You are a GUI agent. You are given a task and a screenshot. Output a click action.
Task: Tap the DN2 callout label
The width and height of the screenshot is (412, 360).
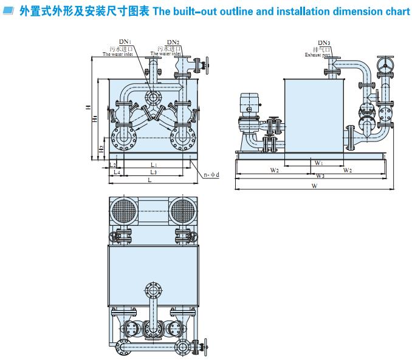point(173,41)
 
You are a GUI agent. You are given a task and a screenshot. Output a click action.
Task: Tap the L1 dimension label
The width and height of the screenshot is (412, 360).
point(154,165)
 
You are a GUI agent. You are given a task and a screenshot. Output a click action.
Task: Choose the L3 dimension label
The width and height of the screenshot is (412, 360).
point(153,172)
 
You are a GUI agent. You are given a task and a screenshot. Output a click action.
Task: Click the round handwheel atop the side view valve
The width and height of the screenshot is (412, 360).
point(384,64)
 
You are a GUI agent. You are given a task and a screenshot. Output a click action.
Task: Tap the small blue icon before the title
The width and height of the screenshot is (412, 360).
point(7,12)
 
